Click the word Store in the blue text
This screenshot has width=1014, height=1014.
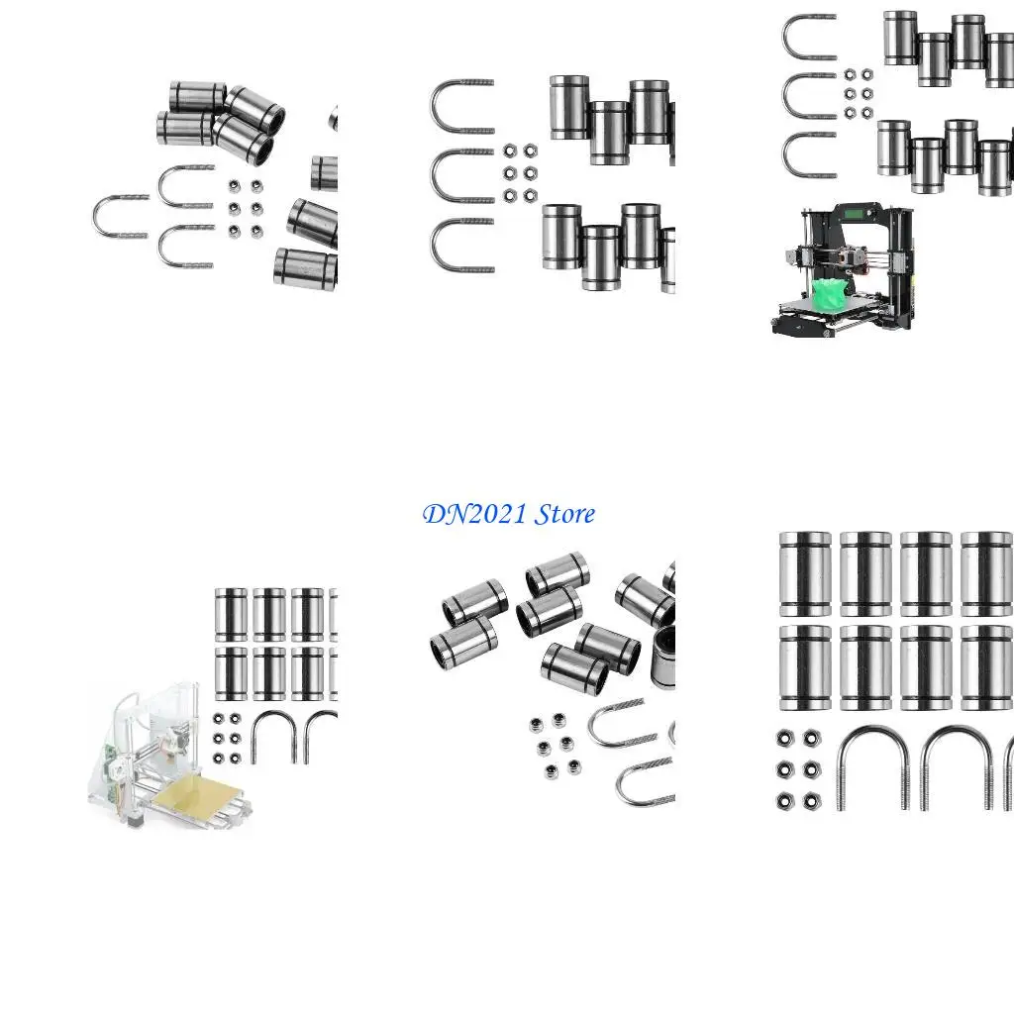(x=565, y=514)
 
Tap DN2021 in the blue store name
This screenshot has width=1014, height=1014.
(x=474, y=515)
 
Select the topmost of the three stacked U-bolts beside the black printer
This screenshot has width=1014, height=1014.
(x=810, y=37)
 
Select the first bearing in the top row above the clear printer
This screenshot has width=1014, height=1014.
(x=231, y=615)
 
